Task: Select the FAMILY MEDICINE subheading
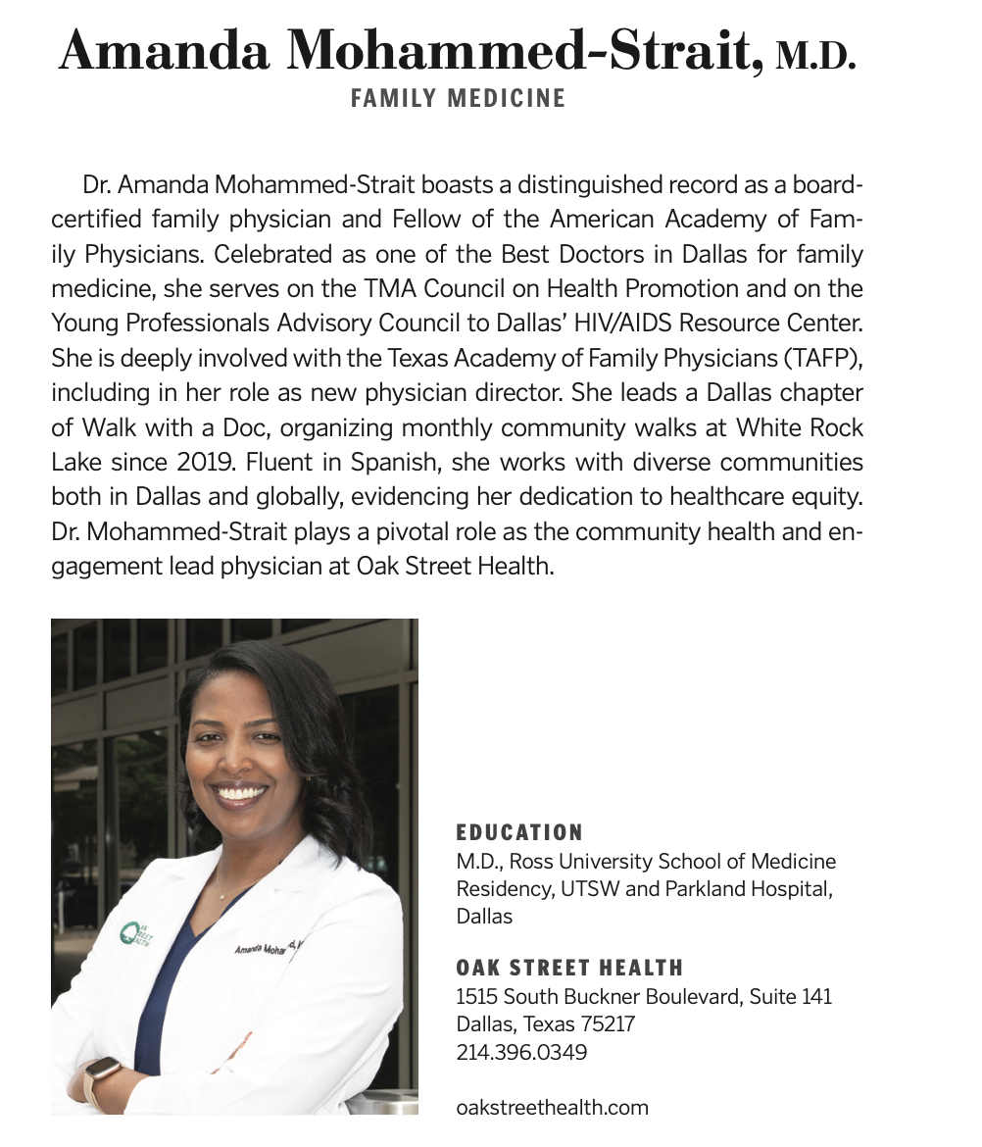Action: pyautogui.click(x=458, y=99)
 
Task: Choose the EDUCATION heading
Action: pyautogui.click(x=519, y=833)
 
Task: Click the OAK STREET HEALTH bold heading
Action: pyautogui.click(x=569, y=969)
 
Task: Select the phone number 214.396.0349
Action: pyautogui.click(x=521, y=1053)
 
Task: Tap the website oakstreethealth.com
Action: pyautogui.click(x=553, y=1108)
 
